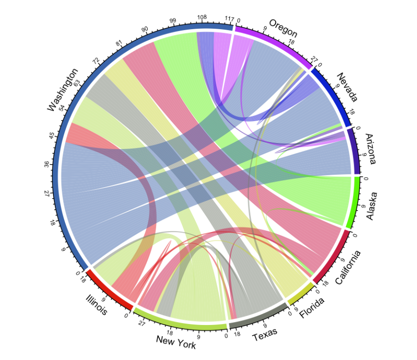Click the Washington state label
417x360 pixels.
click(x=62, y=90)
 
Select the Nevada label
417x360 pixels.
click(x=347, y=88)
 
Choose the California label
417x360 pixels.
click(x=348, y=268)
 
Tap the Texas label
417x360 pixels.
click(x=265, y=334)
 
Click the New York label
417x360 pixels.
click(x=176, y=342)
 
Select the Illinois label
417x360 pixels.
click(x=97, y=305)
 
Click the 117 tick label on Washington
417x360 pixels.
click(x=229, y=18)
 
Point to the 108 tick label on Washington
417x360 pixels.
click(x=202, y=17)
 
